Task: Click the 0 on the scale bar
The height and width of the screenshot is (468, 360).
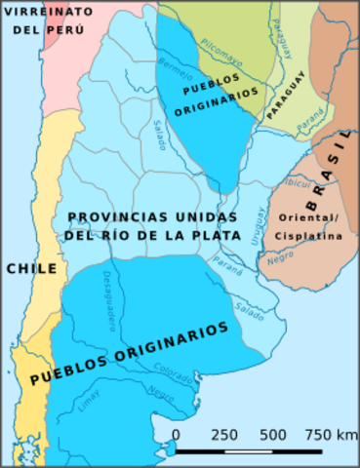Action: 176,434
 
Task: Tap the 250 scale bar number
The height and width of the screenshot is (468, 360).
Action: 224,434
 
